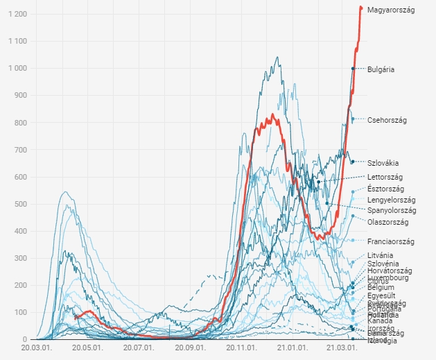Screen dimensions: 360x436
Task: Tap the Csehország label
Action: point(387,120)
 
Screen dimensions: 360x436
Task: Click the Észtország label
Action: point(386,189)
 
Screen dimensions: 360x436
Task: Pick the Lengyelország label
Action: point(392,200)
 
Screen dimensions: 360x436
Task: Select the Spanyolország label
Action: point(392,210)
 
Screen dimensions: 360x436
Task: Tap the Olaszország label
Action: point(387,222)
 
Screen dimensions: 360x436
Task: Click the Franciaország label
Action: point(390,241)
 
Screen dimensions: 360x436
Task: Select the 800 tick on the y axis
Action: point(19,123)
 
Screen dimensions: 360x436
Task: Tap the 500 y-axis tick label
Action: point(19,204)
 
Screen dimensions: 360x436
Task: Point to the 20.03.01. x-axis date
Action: point(35,348)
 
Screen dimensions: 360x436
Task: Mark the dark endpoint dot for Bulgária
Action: point(353,69)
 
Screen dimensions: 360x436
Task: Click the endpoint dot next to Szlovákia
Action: point(353,162)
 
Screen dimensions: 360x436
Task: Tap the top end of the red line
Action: point(360,8)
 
